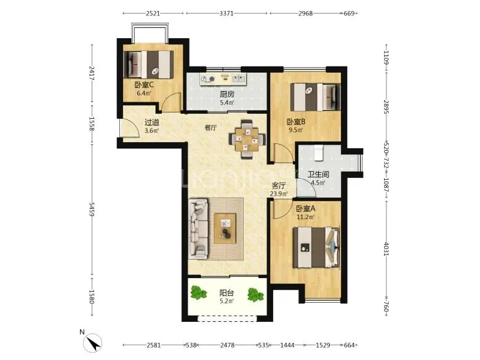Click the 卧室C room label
(144, 85)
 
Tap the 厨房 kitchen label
(227, 95)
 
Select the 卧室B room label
(296, 122)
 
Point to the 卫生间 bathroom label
(318, 175)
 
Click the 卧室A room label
(305, 209)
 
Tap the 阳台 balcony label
(227, 293)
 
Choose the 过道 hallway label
(152, 122)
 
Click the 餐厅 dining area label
(210, 127)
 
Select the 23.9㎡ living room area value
(279, 194)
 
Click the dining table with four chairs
(247, 140)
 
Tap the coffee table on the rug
(225, 228)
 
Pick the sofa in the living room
(198, 228)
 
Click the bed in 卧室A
(316, 247)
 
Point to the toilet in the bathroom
(318, 153)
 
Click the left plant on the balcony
(199, 293)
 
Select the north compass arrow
(94, 343)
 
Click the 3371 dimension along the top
(226, 14)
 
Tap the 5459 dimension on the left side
(92, 209)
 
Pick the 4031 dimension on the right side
(386, 249)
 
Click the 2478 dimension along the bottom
(228, 345)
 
